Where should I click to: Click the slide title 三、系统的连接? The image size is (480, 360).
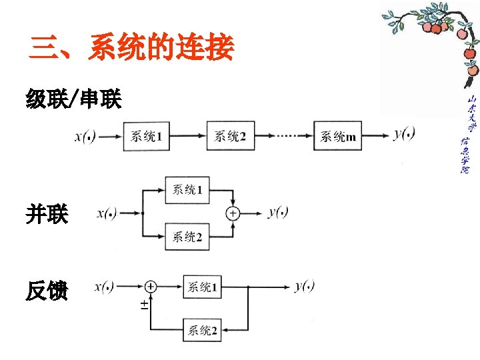[132, 49]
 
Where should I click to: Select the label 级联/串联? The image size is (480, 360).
[73, 101]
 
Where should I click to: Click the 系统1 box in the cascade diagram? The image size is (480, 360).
[146, 137]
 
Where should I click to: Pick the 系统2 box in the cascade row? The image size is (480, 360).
[230, 137]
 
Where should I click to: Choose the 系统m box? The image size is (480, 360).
[338, 137]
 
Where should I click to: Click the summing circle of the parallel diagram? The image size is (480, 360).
[233, 213]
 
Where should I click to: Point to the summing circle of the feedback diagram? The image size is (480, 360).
[151, 287]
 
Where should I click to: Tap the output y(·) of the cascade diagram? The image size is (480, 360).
[404, 135]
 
